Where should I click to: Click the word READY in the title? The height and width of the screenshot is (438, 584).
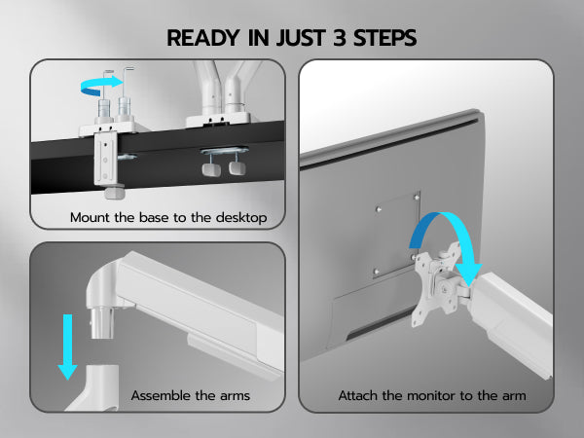click(x=203, y=38)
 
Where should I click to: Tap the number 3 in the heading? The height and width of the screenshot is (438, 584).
click(x=340, y=38)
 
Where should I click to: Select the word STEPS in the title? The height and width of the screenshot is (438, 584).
click(x=384, y=38)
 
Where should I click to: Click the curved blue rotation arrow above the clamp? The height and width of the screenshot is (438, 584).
click(x=101, y=86)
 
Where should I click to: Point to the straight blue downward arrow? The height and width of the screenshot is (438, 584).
click(x=67, y=347)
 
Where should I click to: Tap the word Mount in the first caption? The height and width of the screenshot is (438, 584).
click(x=91, y=217)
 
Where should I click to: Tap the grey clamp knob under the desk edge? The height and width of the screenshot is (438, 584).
click(x=114, y=191)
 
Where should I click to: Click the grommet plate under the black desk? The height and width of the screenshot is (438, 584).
click(x=224, y=151)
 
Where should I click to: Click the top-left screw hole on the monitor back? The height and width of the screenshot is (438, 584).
click(x=379, y=209)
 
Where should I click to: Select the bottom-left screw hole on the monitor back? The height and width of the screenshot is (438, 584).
click(x=376, y=272)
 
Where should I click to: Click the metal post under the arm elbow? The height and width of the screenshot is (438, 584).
click(x=101, y=322)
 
